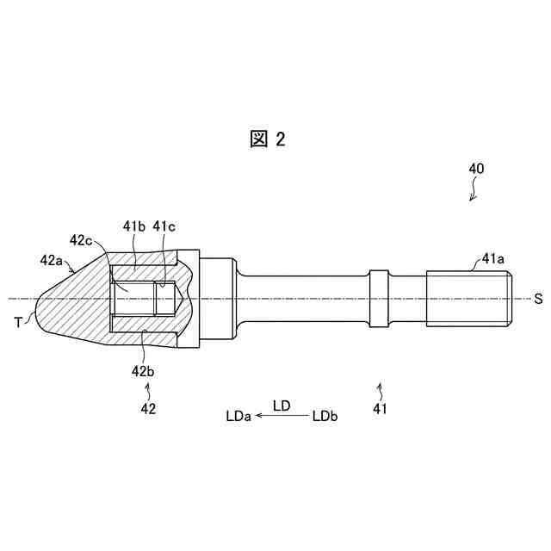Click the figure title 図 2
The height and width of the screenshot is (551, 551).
(268, 139)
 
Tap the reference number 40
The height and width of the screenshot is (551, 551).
(476, 169)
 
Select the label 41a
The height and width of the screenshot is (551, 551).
(493, 257)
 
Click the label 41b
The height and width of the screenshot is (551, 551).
(133, 226)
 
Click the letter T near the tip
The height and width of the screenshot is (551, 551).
(18, 322)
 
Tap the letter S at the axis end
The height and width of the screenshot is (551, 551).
(538, 299)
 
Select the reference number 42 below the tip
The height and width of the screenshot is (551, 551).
(148, 409)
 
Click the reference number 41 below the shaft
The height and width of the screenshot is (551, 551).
(380, 409)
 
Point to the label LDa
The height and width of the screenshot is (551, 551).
(238, 416)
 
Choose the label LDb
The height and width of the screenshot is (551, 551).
(325, 416)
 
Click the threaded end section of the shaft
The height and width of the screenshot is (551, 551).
(469, 299)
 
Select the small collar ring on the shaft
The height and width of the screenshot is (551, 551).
(380, 298)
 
